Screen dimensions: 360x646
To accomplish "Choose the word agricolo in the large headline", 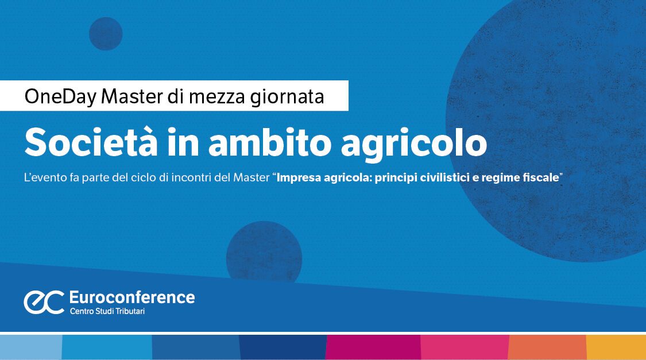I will [413, 144].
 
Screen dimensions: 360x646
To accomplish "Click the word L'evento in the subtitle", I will [42, 178].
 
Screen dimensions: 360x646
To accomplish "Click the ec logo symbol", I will [44, 302].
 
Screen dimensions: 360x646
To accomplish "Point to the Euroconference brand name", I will [131, 297].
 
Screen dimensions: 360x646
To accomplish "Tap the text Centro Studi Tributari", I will [111, 311].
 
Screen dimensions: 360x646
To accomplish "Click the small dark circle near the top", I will [106, 33].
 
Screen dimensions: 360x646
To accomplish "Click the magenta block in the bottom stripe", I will [373, 347].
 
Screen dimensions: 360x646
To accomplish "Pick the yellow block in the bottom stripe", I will [616, 347].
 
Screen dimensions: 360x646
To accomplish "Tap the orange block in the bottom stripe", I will [547, 347].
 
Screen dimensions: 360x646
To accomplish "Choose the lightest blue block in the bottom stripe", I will [30, 347].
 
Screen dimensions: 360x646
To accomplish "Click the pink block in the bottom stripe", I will [465, 347].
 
